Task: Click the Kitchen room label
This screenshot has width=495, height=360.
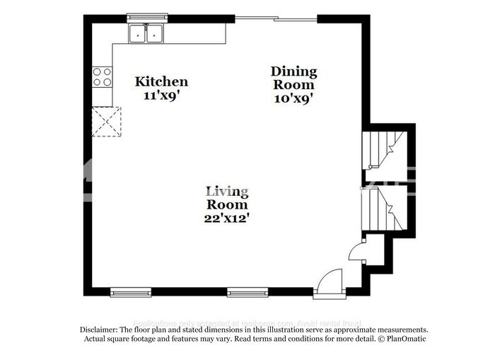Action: click(161, 82)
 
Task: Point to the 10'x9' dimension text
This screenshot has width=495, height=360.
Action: click(293, 99)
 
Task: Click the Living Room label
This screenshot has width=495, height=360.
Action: click(226, 198)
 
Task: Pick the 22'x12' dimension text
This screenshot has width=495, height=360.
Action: click(226, 218)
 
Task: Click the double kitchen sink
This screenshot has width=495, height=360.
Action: click(146, 33)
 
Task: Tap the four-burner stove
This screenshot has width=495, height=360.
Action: click(103, 76)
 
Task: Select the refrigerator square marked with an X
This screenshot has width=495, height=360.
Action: click(107, 121)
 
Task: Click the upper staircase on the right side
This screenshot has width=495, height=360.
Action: click(382, 148)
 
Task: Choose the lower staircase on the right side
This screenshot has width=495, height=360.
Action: click(382, 206)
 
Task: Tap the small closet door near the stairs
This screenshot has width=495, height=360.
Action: click(357, 249)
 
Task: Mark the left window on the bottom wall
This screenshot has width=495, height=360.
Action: click(131, 291)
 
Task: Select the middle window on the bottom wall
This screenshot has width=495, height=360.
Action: click(247, 291)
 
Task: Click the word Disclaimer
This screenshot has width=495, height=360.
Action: click(98, 330)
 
